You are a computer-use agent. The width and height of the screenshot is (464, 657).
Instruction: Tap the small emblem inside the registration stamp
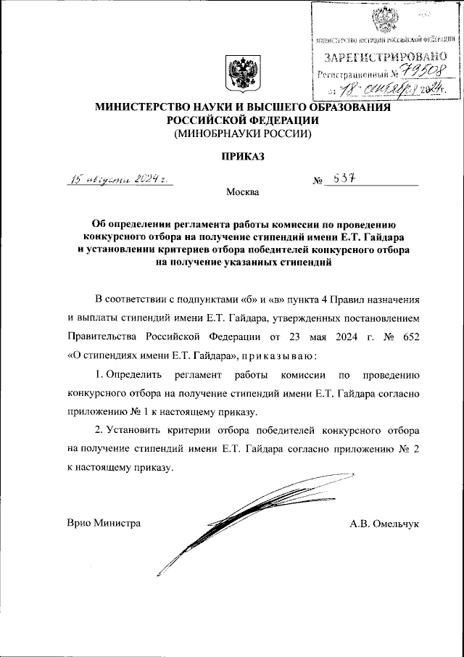[382, 19]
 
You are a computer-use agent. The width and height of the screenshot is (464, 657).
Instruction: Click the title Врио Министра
[103, 523]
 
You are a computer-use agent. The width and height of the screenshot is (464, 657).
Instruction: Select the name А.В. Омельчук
[384, 523]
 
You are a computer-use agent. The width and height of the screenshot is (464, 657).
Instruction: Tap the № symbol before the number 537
[318, 181]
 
